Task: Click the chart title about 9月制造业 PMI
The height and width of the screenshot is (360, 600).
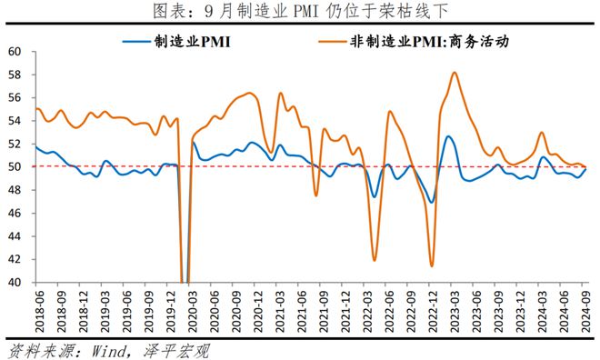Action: [x=300, y=11]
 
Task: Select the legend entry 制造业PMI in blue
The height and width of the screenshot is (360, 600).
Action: [x=177, y=41]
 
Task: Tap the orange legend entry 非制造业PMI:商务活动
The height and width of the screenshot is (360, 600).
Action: [x=414, y=41]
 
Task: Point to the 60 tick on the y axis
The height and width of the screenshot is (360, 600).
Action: [x=15, y=51]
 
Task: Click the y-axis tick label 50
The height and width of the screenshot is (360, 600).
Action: [x=15, y=166]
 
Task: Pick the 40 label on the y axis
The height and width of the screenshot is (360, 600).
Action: [x=15, y=283]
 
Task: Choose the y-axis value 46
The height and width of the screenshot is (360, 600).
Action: [x=15, y=213]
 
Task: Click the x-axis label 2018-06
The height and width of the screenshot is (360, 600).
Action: [x=39, y=311]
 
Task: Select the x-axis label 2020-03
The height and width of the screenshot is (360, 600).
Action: [x=193, y=311]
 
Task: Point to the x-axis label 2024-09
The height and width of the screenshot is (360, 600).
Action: [x=585, y=311]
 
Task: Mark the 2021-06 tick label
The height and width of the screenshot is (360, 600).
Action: [x=302, y=311]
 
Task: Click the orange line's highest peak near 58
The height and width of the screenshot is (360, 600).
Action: [x=455, y=73]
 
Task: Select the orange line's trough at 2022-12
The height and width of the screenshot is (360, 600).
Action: [x=432, y=265]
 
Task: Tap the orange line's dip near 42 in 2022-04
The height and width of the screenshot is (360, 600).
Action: [x=375, y=261]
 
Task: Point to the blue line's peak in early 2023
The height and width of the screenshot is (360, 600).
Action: [x=448, y=136]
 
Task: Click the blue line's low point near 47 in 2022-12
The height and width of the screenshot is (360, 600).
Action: [x=432, y=203]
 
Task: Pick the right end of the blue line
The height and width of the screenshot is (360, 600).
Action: [x=585, y=169]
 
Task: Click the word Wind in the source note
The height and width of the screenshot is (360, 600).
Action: [x=109, y=351]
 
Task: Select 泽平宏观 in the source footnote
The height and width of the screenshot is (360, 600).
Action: [x=177, y=351]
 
